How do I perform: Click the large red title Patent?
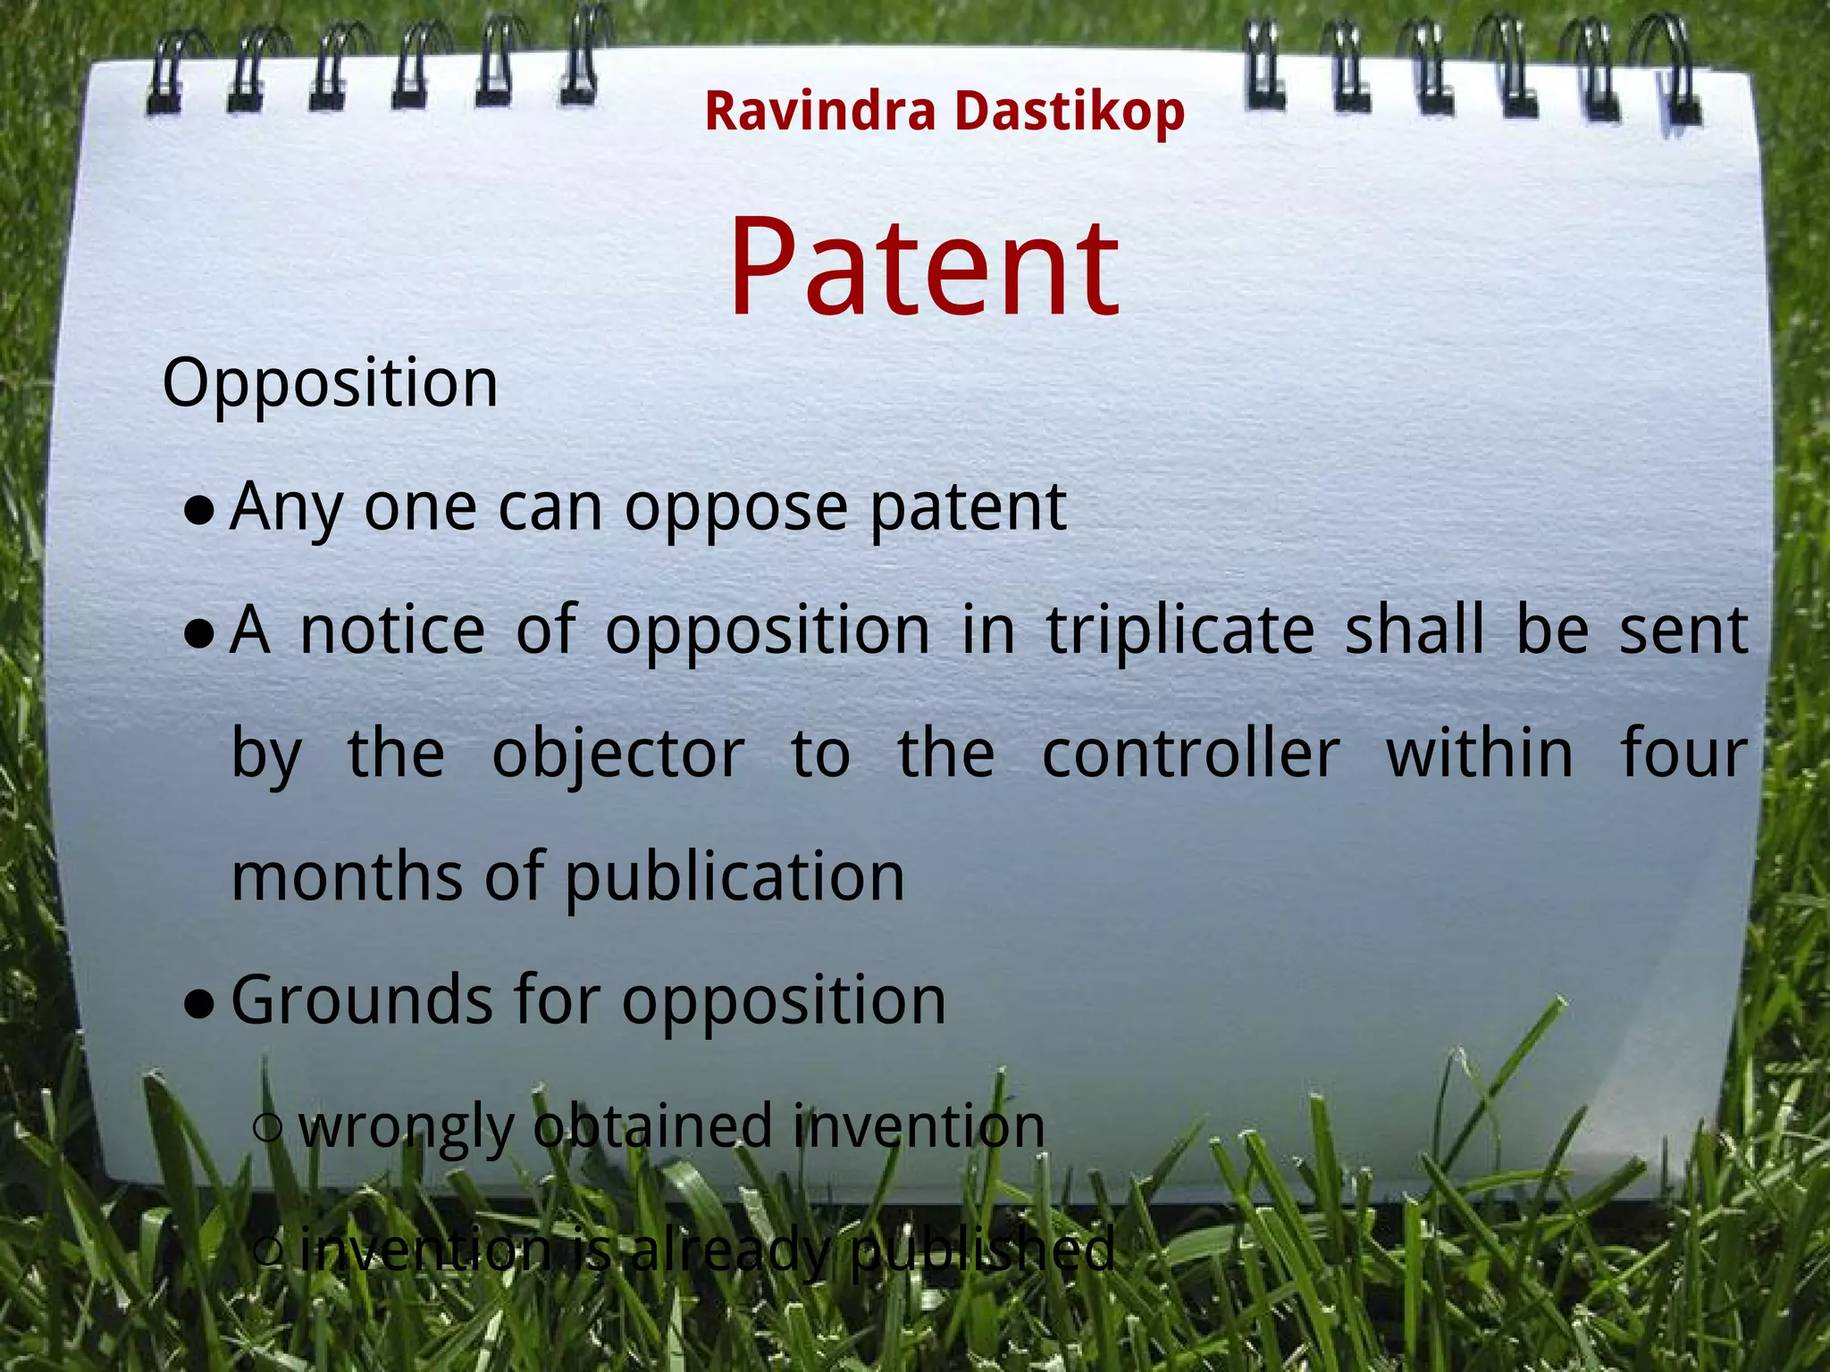pos(924,268)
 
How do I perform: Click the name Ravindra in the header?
pos(819,112)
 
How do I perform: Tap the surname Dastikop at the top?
pos(1069,112)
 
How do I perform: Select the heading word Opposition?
pos(330,384)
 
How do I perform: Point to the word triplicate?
pos(1180,631)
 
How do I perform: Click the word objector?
pos(618,755)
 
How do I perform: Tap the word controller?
pos(1190,755)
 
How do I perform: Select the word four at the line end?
pos(1683,755)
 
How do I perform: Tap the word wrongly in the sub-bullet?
pos(407,1128)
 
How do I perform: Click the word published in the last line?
pos(982,1251)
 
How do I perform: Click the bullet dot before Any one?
pos(198,511)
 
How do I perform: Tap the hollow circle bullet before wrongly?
pos(268,1127)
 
